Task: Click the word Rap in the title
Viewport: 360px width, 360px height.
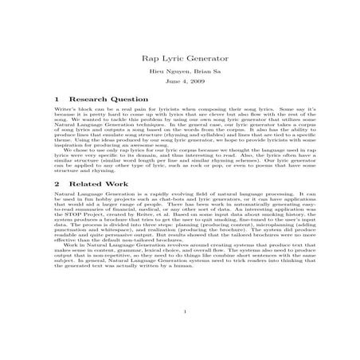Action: click(x=148, y=57)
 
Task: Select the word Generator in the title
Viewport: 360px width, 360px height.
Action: click(x=200, y=57)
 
